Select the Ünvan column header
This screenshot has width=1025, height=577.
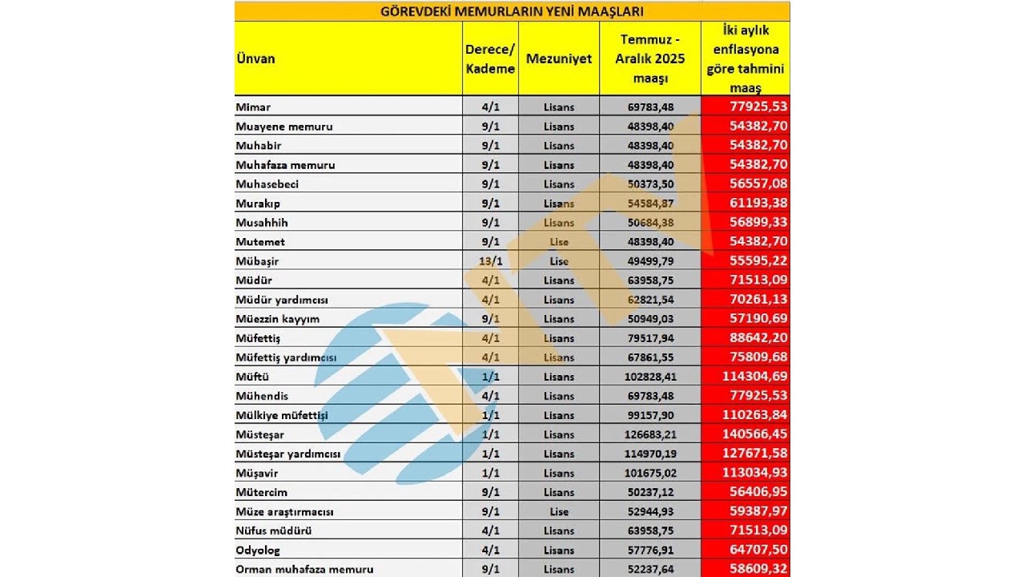[x=256, y=59]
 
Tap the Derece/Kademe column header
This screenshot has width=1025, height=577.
[x=490, y=59]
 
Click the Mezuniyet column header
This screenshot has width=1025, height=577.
[x=559, y=59]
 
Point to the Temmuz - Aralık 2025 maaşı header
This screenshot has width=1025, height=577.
[x=649, y=59]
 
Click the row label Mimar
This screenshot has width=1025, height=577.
[x=253, y=107]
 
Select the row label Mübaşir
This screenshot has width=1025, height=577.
[x=258, y=261]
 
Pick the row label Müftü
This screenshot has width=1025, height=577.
[x=253, y=377]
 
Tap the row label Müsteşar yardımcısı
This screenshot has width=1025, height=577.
[x=288, y=454]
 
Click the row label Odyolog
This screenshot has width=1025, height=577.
[x=258, y=551]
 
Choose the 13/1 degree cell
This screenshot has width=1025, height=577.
[x=490, y=261]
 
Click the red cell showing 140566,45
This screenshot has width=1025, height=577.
[x=744, y=434]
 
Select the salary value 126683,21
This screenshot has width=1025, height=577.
[x=649, y=434]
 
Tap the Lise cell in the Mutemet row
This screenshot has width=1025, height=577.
[x=559, y=242]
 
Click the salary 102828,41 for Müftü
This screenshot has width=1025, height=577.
[x=649, y=377]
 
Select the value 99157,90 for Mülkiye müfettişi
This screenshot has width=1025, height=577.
[x=649, y=415]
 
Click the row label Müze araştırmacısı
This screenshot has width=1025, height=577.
[x=284, y=512]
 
